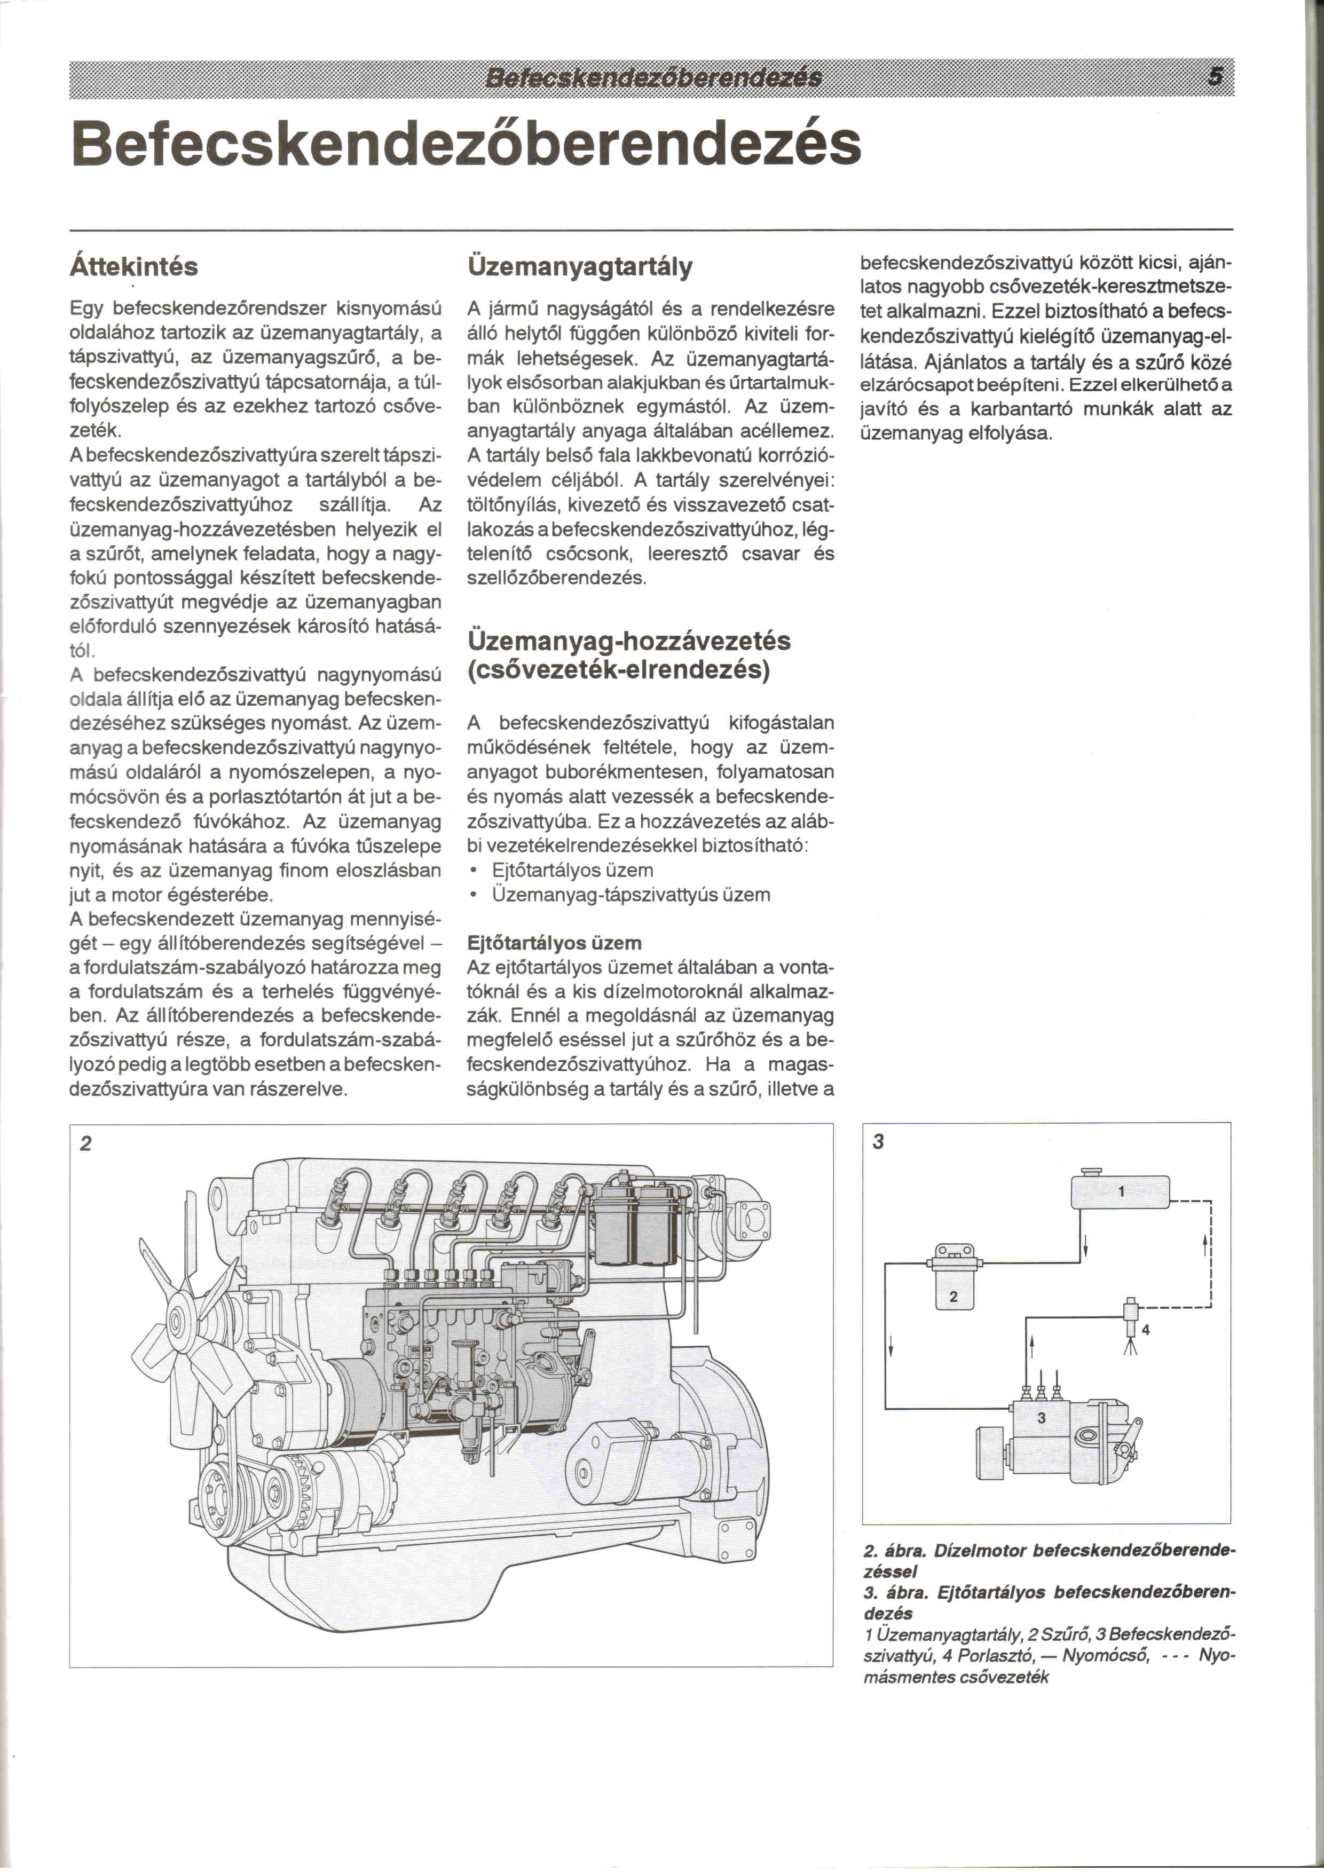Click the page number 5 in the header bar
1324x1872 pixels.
[1215, 77]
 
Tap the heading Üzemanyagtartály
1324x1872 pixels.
[580, 266]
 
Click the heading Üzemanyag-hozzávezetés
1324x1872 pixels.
[628, 641]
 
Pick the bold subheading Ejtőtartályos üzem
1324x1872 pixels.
[554, 943]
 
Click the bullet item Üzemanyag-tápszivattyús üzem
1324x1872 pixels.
[630, 895]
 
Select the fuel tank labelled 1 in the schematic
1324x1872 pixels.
[1120, 1191]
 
